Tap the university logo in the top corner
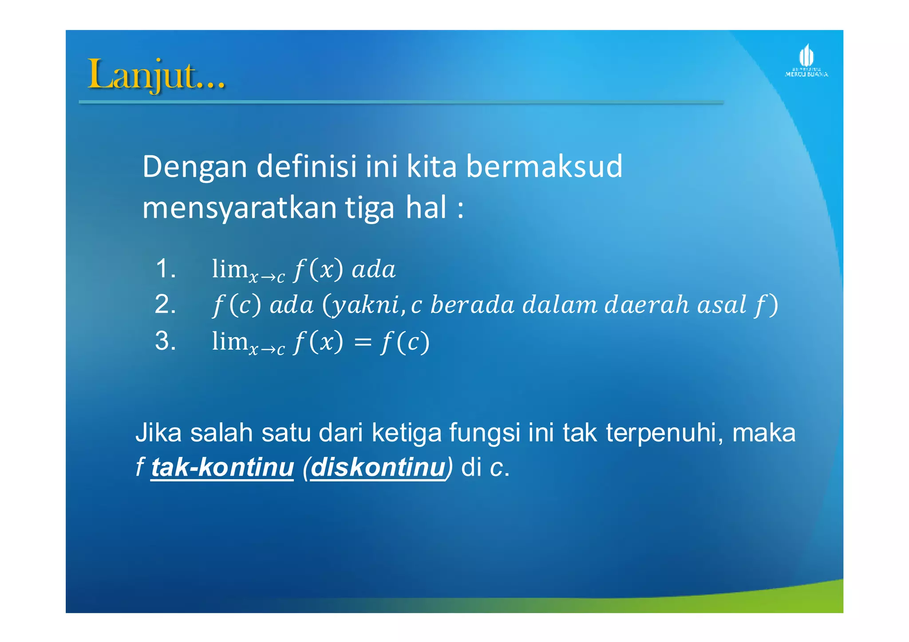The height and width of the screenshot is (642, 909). (806, 61)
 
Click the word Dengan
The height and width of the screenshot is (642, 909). (194, 167)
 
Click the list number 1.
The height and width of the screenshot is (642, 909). (166, 268)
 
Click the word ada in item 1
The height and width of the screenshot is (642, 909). (373, 269)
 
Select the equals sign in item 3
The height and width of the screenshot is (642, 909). (362, 342)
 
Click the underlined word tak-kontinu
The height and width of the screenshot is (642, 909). (222, 467)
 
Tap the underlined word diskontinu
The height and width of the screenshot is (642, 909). (378, 467)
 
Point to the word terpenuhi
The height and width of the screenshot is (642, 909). (664, 433)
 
